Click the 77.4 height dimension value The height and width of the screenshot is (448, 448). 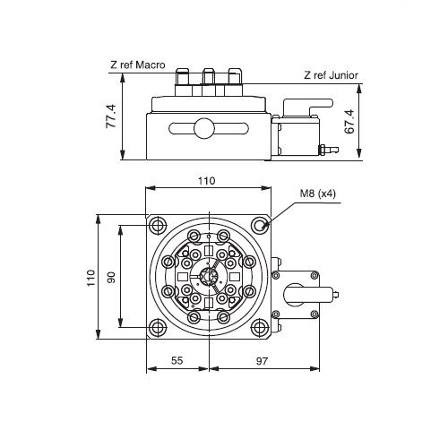(x=111, y=116)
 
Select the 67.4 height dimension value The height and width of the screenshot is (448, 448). (x=349, y=122)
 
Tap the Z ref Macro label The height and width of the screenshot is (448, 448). (x=138, y=65)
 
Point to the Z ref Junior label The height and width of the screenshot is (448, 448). (x=331, y=75)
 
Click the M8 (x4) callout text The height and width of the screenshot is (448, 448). (x=318, y=194)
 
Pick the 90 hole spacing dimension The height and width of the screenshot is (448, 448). (x=111, y=277)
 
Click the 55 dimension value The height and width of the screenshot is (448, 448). (x=177, y=360)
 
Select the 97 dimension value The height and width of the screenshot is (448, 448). (x=262, y=361)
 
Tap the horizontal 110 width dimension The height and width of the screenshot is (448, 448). (x=207, y=181)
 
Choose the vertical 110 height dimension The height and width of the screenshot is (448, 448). (x=90, y=278)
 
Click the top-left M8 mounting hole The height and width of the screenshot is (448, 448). (x=158, y=225)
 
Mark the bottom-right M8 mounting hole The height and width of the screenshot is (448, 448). (x=260, y=327)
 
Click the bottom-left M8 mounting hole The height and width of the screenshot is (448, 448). (x=158, y=327)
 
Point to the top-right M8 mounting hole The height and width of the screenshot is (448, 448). (x=260, y=225)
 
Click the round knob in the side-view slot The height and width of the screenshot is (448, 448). (x=204, y=128)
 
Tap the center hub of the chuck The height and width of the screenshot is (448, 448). (x=209, y=276)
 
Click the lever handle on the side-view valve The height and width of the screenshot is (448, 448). (x=307, y=105)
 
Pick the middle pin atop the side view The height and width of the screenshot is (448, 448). (x=209, y=77)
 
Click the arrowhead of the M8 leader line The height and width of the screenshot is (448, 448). (x=264, y=227)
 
